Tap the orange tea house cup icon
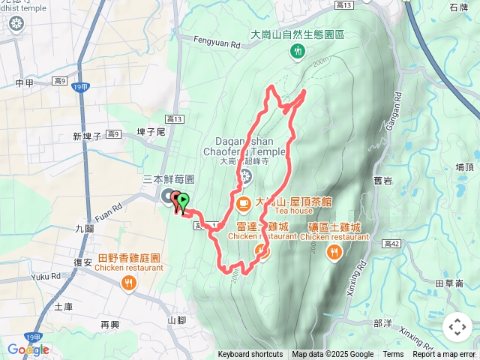[x=244, y=202]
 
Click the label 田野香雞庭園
[x=129, y=258]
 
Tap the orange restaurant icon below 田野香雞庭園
[x=129, y=282]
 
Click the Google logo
[x=28, y=349]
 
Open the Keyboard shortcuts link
[x=250, y=355]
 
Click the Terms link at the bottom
[x=393, y=355]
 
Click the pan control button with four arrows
[x=457, y=327]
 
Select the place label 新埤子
[x=88, y=136]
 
